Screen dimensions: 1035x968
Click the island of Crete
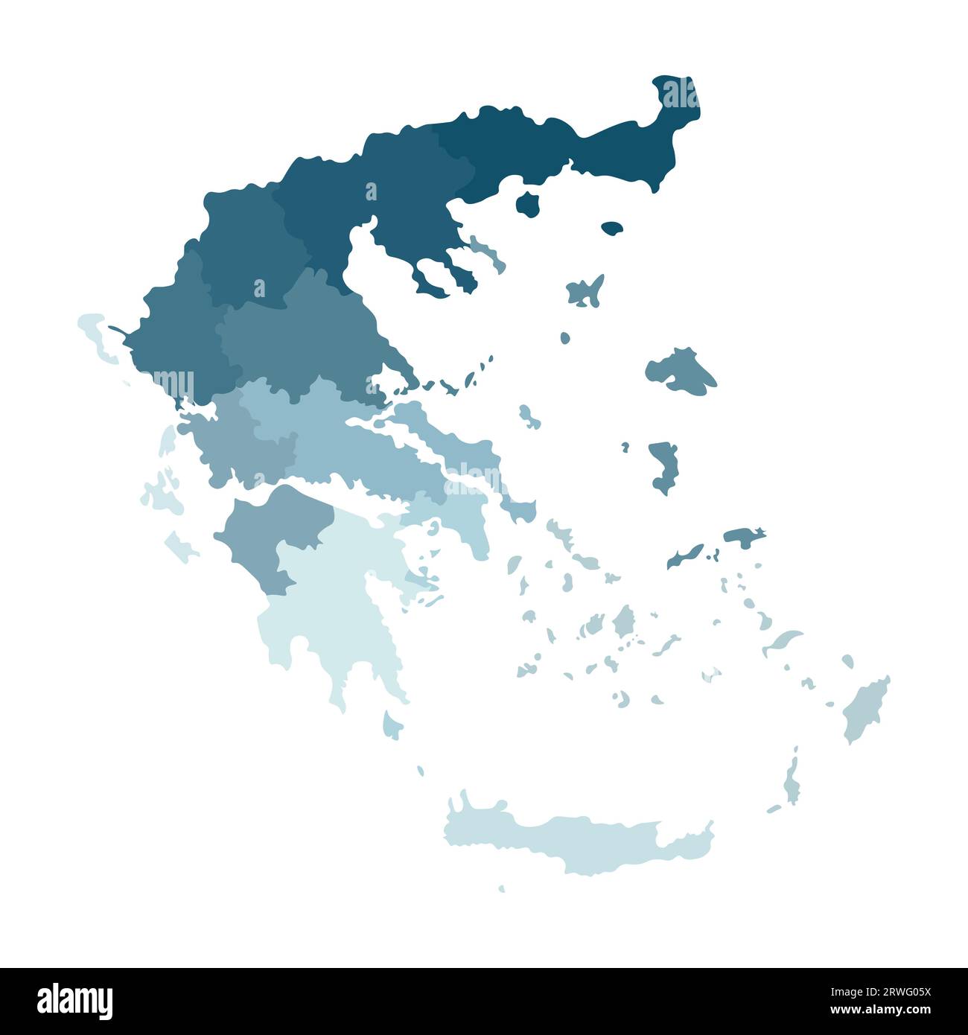coord(581,838)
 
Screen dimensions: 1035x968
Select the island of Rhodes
coord(864,707)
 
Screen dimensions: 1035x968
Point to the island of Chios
coord(662,465)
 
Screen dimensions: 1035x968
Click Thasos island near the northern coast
coord(528,203)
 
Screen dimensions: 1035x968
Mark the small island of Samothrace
coord(612,228)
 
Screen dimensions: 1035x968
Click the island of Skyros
coord(529,418)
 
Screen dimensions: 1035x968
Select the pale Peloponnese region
coord(335,596)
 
